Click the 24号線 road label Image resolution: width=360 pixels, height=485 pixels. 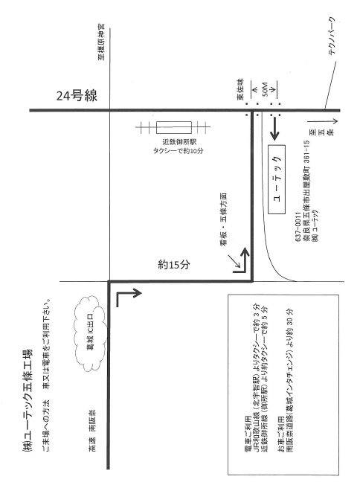(77, 96)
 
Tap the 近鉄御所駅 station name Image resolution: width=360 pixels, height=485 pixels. (179, 142)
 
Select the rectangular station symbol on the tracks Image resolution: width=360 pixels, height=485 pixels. (174, 127)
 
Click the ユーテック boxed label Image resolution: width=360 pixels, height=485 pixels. (277, 179)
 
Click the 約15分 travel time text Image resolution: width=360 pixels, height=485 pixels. (174, 265)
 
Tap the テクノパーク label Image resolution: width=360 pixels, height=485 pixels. (331, 36)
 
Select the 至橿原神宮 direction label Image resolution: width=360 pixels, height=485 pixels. (101, 42)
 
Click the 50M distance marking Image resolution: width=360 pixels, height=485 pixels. (265, 89)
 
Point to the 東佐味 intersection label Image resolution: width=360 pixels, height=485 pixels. (240, 89)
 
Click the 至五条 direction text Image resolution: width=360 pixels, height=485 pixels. (321, 133)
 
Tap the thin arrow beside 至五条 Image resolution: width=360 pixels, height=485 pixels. (323, 121)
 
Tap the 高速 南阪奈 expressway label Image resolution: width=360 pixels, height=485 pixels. (92, 431)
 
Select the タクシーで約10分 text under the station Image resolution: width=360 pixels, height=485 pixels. (179, 151)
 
